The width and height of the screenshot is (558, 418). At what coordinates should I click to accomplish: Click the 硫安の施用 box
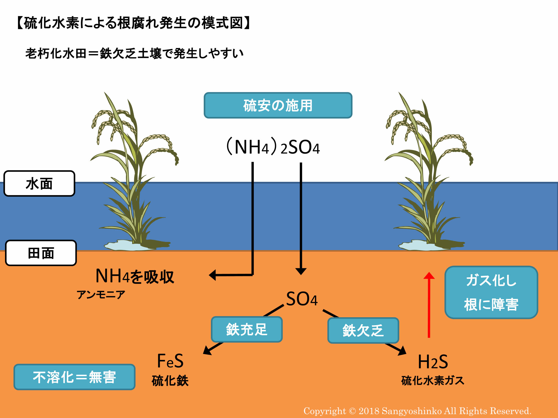tap(278, 105)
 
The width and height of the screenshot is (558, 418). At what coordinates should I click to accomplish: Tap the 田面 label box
tap(41, 253)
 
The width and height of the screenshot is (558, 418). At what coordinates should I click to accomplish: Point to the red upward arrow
tap(429, 305)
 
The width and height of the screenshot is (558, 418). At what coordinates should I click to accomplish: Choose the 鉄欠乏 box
tap(363, 330)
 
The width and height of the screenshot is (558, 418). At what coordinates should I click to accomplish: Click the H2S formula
tap(433, 362)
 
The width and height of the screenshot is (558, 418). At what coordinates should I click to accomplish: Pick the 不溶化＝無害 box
tap(75, 377)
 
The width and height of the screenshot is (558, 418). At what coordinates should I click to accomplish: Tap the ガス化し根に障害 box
tap(491, 292)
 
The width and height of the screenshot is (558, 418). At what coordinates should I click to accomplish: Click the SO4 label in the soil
tap(302, 299)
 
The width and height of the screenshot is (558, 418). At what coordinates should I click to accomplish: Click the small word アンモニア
tap(101, 294)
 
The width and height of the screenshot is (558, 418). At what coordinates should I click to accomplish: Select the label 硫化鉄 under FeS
tap(170, 380)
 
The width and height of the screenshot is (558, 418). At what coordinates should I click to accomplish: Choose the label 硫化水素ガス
tap(433, 380)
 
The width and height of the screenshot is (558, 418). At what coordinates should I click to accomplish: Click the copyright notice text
tap(418, 411)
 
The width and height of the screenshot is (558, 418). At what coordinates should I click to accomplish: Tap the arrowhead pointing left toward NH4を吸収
tap(212, 275)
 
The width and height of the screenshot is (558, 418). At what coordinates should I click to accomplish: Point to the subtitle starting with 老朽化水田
tap(134, 54)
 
